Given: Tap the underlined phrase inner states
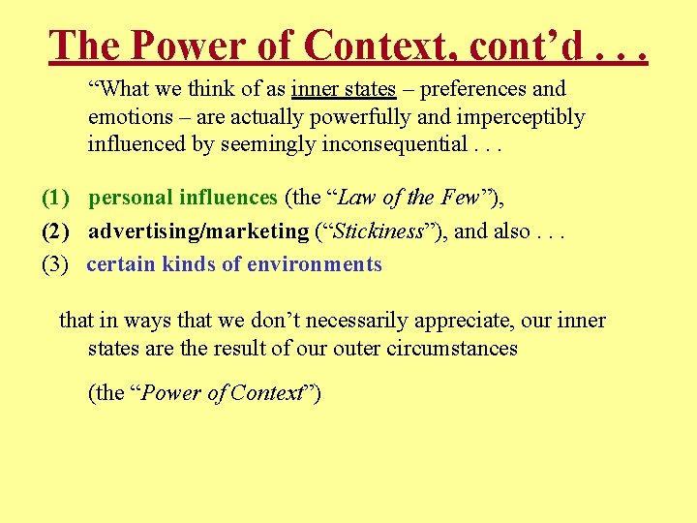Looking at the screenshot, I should pyautogui.click(x=344, y=89).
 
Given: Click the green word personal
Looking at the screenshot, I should pyautogui.click(x=131, y=198).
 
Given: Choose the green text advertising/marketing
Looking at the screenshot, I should pyautogui.click(x=197, y=231).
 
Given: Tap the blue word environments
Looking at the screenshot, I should pyautogui.click(x=315, y=263).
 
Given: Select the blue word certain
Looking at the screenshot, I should pyautogui.click(x=121, y=263).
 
